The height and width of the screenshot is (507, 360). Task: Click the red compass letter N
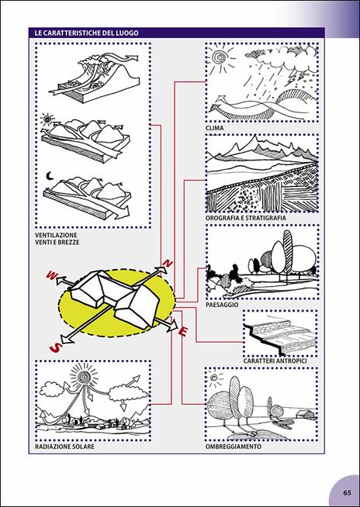click(x=168, y=264)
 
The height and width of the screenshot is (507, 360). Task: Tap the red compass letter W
click(x=52, y=275)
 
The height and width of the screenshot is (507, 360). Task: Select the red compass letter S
click(x=55, y=348)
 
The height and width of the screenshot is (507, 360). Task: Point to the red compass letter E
click(x=183, y=332)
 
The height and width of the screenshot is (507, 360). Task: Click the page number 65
click(x=347, y=493)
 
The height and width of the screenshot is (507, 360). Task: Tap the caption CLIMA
click(x=214, y=129)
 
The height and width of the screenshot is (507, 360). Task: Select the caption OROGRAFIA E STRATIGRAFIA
click(x=246, y=219)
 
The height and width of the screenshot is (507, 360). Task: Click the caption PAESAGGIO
click(x=222, y=305)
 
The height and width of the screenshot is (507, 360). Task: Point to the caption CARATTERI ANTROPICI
click(x=275, y=360)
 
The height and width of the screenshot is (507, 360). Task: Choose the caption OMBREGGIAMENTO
click(x=233, y=447)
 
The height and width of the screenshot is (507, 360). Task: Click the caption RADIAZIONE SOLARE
click(x=64, y=447)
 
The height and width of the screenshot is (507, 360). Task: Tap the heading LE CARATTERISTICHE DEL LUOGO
click(x=84, y=33)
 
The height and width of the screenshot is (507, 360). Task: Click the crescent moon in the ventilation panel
click(x=50, y=176)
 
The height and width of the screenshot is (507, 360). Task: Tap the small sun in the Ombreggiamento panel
click(x=214, y=378)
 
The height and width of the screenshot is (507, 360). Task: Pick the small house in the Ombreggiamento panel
click(x=306, y=414)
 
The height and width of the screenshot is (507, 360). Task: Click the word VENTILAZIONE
click(x=56, y=235)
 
